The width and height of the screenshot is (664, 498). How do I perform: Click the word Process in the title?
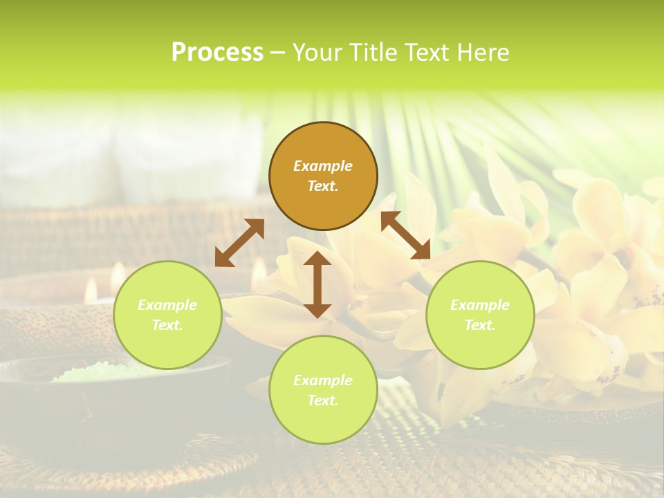click(217, 53)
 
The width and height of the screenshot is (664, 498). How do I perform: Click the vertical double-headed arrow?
click(317, 284)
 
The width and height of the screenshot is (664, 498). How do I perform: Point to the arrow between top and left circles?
click(239, 243)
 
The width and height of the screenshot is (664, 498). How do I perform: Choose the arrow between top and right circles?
click(405, 235)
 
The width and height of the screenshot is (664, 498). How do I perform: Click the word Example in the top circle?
click(323, 166)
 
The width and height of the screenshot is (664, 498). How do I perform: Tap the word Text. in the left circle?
click(167, 325)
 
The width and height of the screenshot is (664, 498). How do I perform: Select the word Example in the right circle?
click(480, 305)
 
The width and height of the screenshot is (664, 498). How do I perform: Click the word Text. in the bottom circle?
click(323, 400)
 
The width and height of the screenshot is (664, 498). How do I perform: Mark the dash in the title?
click(278, 53)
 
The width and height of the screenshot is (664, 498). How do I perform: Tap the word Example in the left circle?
click(167, 305)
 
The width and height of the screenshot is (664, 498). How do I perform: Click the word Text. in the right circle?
click(480, 325)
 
